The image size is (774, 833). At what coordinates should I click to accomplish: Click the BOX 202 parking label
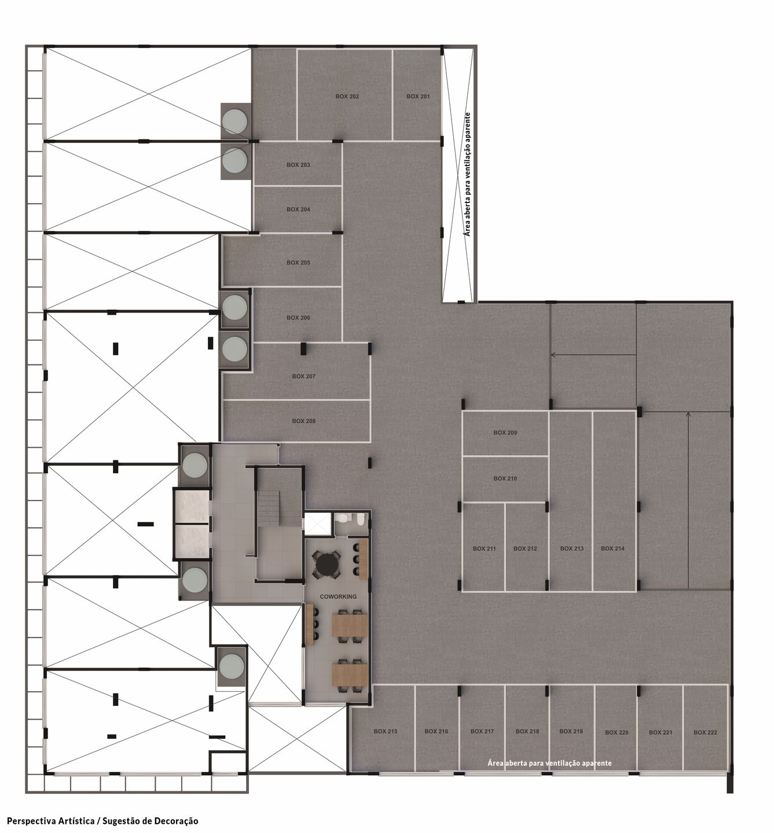pos(347,97)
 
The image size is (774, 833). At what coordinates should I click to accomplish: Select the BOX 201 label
pos(418,97)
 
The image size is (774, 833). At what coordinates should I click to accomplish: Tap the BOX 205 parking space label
pos(298,263)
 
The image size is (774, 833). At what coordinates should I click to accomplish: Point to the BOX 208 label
pos(303,421)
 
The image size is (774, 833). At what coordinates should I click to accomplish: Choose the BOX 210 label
pos(505,478)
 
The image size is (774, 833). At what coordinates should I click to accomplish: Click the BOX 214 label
pos(612,548)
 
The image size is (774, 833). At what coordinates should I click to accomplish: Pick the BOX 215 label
pos(385,731)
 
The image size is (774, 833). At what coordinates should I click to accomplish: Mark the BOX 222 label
pos(705,732)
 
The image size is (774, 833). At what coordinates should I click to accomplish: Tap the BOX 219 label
pos(571,731)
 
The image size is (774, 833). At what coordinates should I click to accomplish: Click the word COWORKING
pos(338,596)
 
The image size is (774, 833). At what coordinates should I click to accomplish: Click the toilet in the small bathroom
pos(360,520)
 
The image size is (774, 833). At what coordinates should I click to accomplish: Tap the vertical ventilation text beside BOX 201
pos(467,175)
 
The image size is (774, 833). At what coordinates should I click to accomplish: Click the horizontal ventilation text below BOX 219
pos(549,763)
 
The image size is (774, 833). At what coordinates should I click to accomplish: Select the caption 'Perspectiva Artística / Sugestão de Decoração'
pos(102,821)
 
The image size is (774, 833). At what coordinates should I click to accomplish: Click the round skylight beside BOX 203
pos(234,161)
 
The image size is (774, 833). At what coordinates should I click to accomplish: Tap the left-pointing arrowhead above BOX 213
pos(553,355)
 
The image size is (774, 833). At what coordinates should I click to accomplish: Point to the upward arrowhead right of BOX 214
pos(688,414)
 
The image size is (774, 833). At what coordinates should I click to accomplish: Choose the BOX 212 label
pos(525,548)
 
